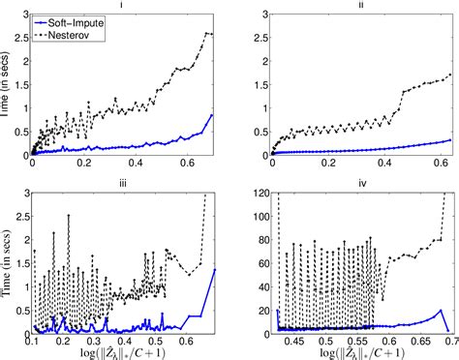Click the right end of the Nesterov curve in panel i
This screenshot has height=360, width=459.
(212, 34)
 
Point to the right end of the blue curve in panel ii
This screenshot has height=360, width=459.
(451, 139)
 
